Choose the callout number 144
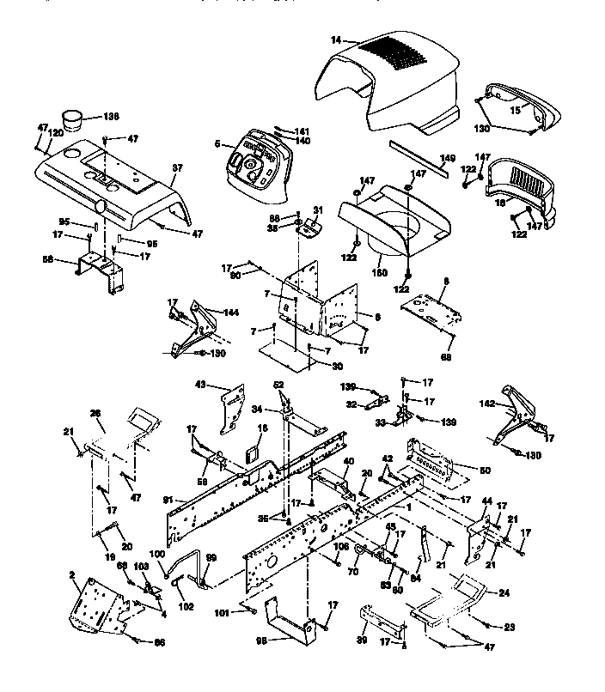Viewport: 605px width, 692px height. coord(231,313)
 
